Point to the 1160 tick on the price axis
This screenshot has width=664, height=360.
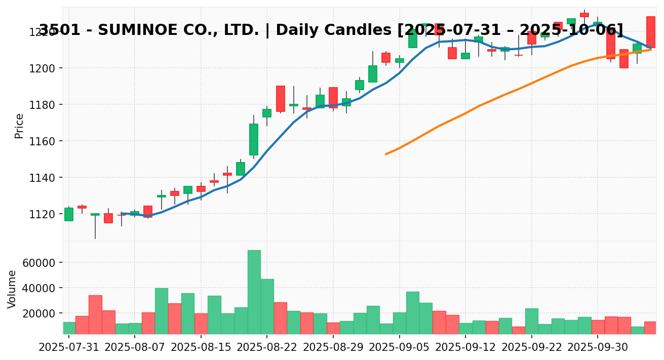[44, 141]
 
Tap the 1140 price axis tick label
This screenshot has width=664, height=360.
[44, 178]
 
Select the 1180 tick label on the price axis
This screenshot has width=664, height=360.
[44, 105]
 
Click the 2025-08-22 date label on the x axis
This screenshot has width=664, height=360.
[267, 349]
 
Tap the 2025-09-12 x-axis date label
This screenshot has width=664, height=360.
[465, 349]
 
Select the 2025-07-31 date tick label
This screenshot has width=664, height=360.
[69, 349]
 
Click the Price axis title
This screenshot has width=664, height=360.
[19, 126]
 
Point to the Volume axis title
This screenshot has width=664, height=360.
[12, 289]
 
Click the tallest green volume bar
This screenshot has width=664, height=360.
[254, 292]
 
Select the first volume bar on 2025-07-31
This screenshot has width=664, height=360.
[69, 328]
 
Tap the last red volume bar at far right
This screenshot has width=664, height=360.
[650, 328]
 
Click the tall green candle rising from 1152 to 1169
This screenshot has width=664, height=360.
[254, 139]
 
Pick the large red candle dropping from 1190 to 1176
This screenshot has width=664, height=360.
[280, 99]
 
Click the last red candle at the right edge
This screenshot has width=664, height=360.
[650, 32]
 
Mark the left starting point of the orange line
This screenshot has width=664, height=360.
[386, 154]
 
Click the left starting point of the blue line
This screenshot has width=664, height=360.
[122, 213]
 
